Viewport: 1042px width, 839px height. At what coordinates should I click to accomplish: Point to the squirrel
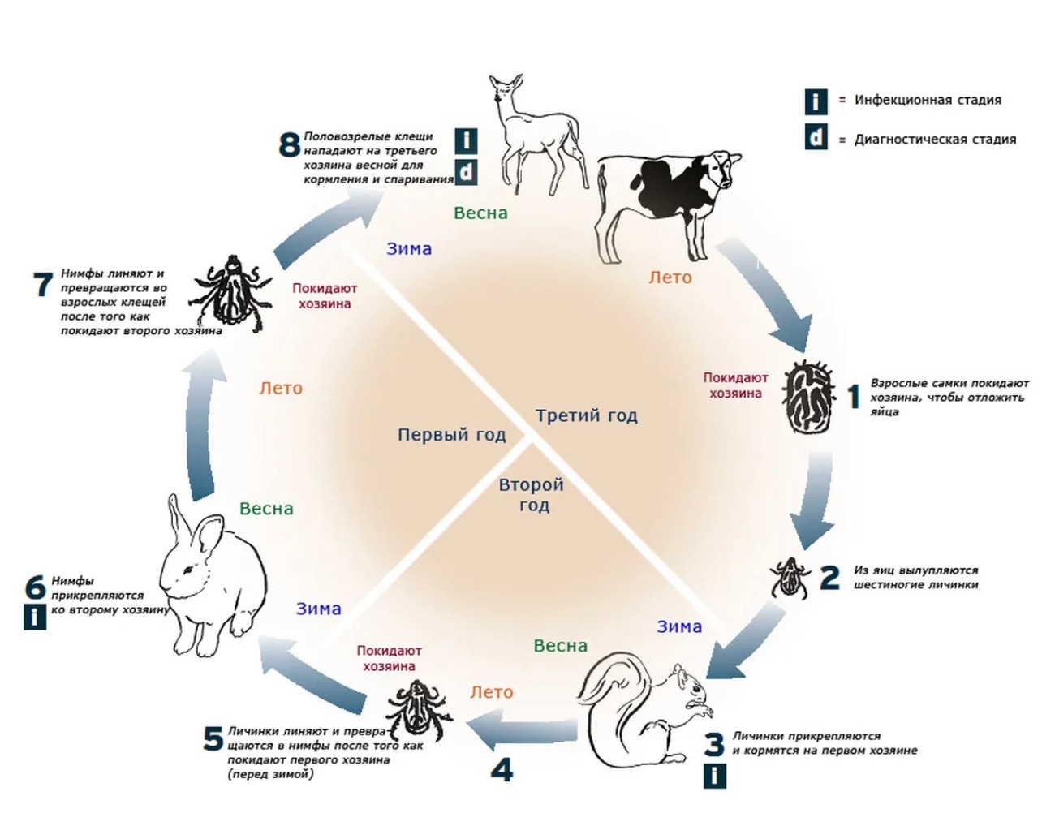649,714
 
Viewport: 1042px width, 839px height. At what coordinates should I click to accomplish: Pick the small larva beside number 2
786,577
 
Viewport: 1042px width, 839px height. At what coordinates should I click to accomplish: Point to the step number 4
502,769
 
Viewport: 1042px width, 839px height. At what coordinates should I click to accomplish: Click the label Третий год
586,416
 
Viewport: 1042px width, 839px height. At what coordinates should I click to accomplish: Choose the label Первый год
451,435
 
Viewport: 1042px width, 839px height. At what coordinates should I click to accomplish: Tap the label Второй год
532,495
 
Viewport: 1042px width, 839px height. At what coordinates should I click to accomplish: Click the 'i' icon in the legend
816,101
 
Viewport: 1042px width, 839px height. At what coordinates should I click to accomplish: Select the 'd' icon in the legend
816,138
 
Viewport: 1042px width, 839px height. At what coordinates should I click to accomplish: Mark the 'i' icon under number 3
714,777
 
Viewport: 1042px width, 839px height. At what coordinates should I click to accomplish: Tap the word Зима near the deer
409,249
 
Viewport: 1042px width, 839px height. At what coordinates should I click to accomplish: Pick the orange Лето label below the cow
670,278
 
